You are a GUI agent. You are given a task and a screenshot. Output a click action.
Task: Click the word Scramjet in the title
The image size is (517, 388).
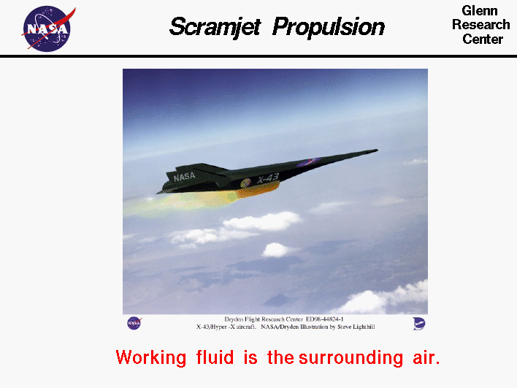coord(215,27)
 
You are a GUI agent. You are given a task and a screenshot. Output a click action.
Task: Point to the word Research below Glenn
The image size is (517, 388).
coord(481,25)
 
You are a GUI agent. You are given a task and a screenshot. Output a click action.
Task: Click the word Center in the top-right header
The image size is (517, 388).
coord(482,39)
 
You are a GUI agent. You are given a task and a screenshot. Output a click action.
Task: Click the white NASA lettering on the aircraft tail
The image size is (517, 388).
coord(185,177)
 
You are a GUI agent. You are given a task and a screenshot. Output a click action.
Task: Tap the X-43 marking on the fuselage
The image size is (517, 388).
coord(268,178)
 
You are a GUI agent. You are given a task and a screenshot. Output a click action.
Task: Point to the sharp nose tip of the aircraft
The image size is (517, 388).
coord(376,151)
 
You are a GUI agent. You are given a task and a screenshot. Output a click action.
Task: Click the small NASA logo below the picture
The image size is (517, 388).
coord(134,322)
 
